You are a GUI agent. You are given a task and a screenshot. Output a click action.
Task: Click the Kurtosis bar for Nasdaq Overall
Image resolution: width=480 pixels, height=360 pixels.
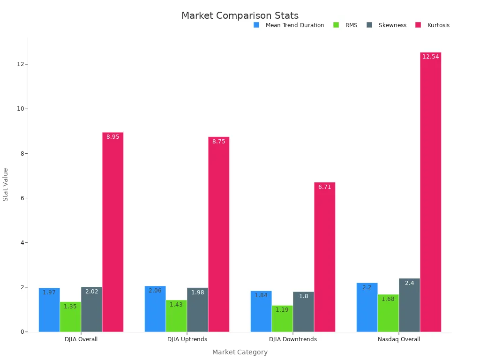(430, 192)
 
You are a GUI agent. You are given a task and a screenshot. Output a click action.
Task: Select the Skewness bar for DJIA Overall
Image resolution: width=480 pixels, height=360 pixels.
(91, 309)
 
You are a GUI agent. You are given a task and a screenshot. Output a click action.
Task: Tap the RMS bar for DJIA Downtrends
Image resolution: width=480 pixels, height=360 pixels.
(282, 319)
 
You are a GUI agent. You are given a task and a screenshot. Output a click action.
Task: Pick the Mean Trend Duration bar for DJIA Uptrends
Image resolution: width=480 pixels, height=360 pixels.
(155, 309)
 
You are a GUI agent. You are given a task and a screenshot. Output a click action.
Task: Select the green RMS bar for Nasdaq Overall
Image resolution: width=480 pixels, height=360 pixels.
(388, 313)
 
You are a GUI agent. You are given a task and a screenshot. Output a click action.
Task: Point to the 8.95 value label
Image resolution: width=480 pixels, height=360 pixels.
(112, 137)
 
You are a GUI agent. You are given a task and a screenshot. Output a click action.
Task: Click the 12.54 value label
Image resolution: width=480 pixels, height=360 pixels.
(430, 57)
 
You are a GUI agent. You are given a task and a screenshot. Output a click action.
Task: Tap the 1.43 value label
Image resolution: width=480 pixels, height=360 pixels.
(176, 305)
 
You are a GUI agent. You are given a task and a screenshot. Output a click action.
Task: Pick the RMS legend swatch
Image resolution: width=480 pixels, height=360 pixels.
(336, 25)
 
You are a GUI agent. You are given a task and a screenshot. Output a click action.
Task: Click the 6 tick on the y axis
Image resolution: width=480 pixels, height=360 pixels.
(22, 198)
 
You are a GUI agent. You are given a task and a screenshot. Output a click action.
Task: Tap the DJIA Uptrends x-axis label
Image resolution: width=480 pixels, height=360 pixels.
(187, 339)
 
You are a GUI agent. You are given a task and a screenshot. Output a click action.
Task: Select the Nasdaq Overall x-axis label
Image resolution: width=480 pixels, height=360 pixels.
(399, 339)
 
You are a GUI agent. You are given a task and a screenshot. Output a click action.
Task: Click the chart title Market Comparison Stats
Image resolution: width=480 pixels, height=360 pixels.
(240, 15)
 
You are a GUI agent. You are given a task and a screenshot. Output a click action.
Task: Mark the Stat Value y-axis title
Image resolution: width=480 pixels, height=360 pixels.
(6, 184)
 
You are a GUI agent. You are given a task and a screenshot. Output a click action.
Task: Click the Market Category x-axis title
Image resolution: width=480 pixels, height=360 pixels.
(240, 352)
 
